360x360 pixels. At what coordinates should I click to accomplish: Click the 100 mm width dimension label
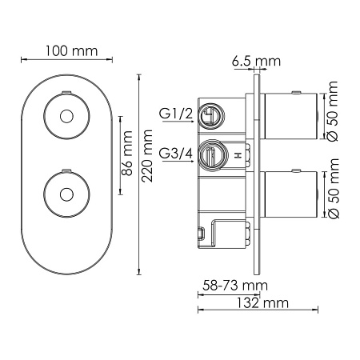tap(68, 51)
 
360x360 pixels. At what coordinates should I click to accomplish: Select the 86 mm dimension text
tap(126, 157)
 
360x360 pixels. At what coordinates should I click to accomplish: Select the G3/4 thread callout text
tap(176, 154)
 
